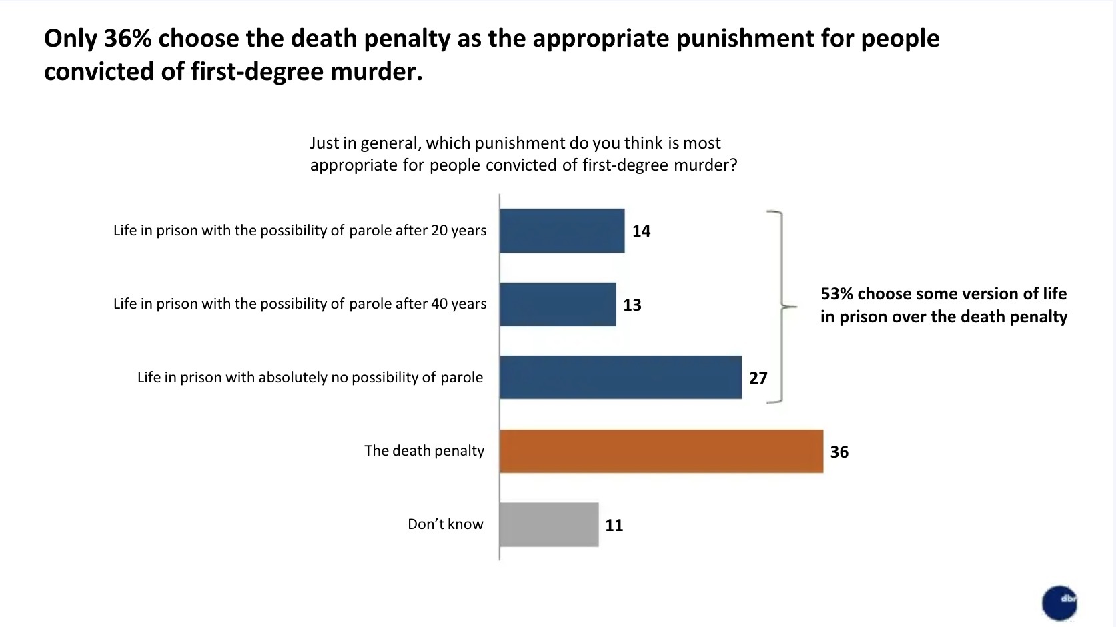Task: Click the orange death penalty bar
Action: pyautogui.click(x=661, y=451)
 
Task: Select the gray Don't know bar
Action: pyautogui.click(x=549, y=524)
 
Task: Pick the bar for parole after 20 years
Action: pyautogui.click(x=562, y=231)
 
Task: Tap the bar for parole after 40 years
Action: pyautogui.click(x=558, y=304)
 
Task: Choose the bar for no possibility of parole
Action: pyautogui.click(x=620, y=378)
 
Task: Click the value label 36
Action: pyautogui.click(x=839, y=452)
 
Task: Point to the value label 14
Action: pyautogui.click(x=641, y=231)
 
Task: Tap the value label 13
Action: pyautogui.click(x=632, y=305)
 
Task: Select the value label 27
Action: pyautogui.click(x=758, y=378)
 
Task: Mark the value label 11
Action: pyautogui.click(x=614, y=525)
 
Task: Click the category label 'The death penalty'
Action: pyautogui.click(x=424, y=451)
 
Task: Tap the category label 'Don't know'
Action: pyautogui.click(x=445, y=524)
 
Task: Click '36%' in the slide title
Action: pyautogui.click(x=128, y=39)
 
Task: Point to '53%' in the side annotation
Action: pyautogui.click(x=836, y=294)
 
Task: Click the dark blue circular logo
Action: pyautogui.click(x=1059, y=602)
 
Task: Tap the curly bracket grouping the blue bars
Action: pyautogui.click(x=781, y=307)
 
